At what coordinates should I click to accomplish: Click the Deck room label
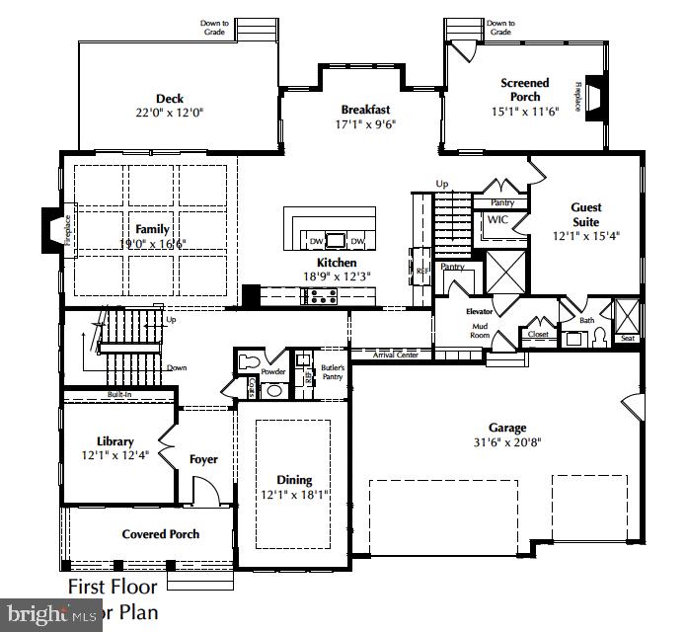pyautogui.click(x=170, y=98)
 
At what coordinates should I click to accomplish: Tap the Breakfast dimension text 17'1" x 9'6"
pyautogui.click(x=365, y=125)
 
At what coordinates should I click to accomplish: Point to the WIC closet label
pyautogui.click(x=497, y=221)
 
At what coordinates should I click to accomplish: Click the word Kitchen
pyautogui.click(x=337, y=263)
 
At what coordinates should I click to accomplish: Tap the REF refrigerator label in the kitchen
pyautogui.click(x=421, y=270)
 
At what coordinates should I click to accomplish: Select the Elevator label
pyautogui.click(x=479, y=311)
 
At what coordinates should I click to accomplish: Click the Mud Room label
pyautogui.click(x=479, y=331)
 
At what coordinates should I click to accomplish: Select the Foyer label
pyautogui.click(x=203, y=459)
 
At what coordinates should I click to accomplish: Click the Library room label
pyautogui.click(x=115, y=441)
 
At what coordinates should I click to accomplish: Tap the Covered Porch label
pyautogui.click(x=160, y=534)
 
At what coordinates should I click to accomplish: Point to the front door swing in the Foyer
pyautogui.click(x=204, y=491)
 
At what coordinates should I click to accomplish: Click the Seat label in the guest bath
pyautogui.click(x=628, y=338)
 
